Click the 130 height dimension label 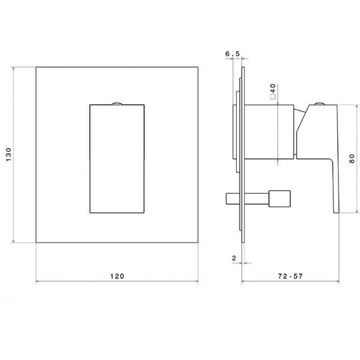click(x=9, y=155)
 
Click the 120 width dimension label click(x=117, y=276)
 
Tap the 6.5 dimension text click(x=233, y=54)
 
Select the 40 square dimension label click(x=273, y=89)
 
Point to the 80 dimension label click(x=352, y=159)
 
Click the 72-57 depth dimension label click(x=290, y=276)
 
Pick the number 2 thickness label click(x=234, y=258)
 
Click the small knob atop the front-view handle click(x=117, y=103)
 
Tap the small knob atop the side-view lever click(x=319, y=104)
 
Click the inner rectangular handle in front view click(x=117, y=159)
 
